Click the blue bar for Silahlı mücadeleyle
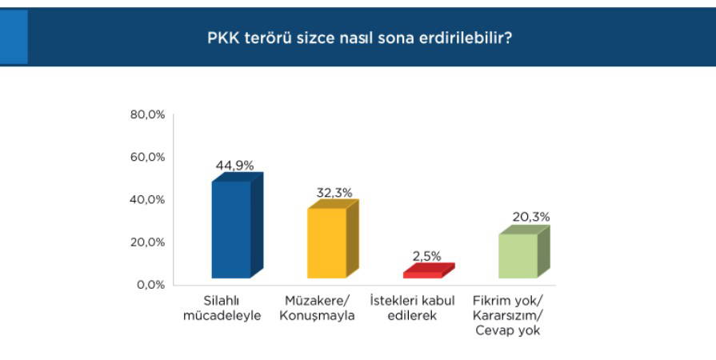pyautogui.click(x=238, y=226)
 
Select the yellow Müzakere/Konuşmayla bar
pyautogui.click(x=333, y=240)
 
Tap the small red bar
pyautogui.click(x=429, y=271)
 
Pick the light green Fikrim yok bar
pyautogui.click(x=524, y=253)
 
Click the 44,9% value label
pyautogui.click(x=234, y=166)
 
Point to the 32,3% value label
pyautogui.click(x=334, y=193)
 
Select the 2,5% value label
pyautogui.click(x=426, y=256)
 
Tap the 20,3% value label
pyautogui.click(x=530, y=217)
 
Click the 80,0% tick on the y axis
pyautogui.click(x=147, y=114)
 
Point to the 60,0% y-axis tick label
pyautogui.click(x=147, y=157)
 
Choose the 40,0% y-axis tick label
pyautogui.click(x=147, y=200)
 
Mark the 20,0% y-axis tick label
pyautogui.click(x=147, y=242)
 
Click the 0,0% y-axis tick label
pyautogui.click(x=150, y=285)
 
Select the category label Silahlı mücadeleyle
pyautogui.click(x=222, y=308)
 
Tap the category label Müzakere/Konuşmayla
pyautogui.click(x=317, y=308)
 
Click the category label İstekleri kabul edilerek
pyautogui.click(x=412, y=308)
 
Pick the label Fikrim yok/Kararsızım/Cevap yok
pyautogui.click(x=508, y=316)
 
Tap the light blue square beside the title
pyautogui.click(x=14, y=37)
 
